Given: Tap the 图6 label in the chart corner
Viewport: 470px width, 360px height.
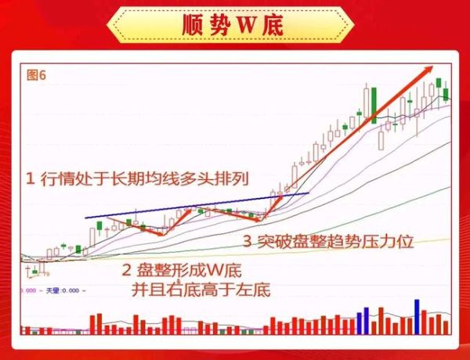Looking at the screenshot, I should (x=37, y=75).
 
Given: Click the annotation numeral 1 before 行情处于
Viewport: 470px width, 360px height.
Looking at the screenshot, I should (x=30, y=179).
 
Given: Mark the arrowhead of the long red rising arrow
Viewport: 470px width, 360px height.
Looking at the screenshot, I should (x=428, y=69).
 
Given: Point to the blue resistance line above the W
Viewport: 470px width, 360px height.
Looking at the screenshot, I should (x=196, y=205).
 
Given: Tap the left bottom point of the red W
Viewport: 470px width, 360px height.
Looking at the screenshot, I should (x=161, y=233).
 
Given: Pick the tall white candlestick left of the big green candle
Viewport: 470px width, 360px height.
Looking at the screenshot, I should (x=365, y=101).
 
